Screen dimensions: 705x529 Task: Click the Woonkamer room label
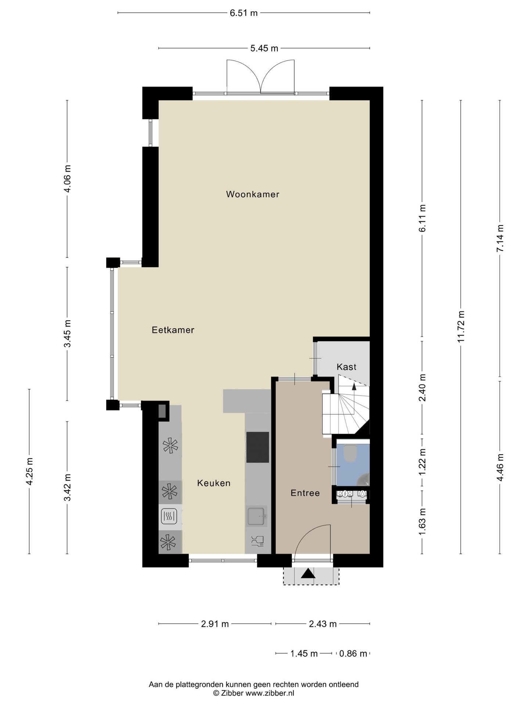[x=252, y=194]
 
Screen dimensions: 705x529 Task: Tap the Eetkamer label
[x=173, y=330]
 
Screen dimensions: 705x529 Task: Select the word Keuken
[x=214, y=483]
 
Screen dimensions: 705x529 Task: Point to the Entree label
[x=305, y=493]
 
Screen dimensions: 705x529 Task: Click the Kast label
[x=346, y=367]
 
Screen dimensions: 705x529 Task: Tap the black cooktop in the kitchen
[x=258, y=447]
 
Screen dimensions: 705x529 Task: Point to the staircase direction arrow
[x=354, y=386]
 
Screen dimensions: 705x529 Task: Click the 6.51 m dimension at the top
[x=244, y=13]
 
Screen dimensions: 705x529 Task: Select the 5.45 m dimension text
[x=264, y=48]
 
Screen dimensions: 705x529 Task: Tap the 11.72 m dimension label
[x=461, y=326]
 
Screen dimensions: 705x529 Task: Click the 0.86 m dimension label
[x=353, y=654]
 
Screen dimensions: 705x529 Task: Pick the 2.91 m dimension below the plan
[x=215, y=624]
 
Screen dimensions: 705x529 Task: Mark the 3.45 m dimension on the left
[x=67, y=333]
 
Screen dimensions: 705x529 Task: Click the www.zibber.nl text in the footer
[x=270, y=693]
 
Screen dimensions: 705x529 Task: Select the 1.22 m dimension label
[x=422, y=462]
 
